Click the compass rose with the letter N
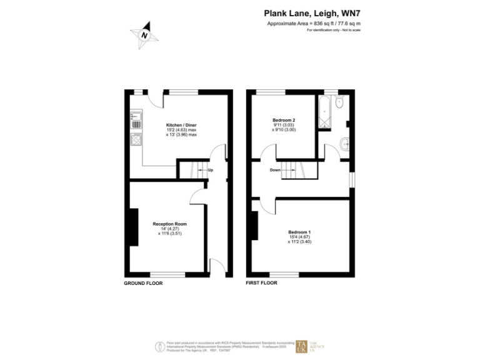tap(145, 36)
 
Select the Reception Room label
tap(169, 224)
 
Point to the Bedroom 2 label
tap(284, 119)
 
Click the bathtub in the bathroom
tap(326, 112)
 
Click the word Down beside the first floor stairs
tap(275, 169)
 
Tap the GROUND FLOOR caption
tap(143, 283)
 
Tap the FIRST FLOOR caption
tap(262, 283)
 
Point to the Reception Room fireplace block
tap(133, 227)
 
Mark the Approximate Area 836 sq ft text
tap(314, 23)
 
